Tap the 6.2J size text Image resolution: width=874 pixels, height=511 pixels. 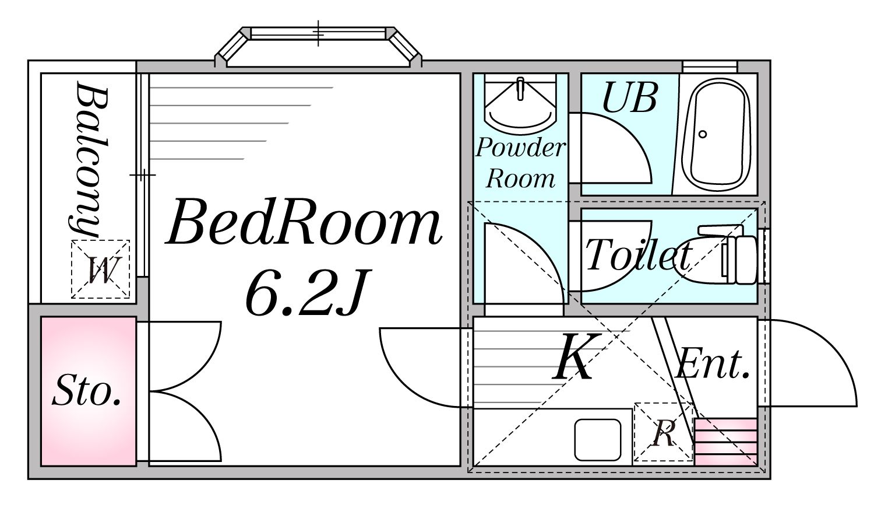(x=307, y=292)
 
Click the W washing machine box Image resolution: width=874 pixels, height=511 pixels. (x=100, y=269)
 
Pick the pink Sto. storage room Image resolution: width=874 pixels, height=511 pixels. (x=89, y=391)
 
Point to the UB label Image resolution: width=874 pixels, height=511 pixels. (x=629, y=97)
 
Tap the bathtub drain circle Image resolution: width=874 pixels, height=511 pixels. (x=703, y=134)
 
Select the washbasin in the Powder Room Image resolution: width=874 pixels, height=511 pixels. (x=520, y=106)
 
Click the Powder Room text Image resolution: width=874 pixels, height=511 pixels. (x=520, y=163)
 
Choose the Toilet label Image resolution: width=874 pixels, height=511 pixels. (x=639, y=254)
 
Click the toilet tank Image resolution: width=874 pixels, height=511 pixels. (x=745, y=260)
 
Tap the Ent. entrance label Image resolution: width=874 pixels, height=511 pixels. (x=713, y=365)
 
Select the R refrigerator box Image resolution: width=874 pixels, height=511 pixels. (x=663, y=432)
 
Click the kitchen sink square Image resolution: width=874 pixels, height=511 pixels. (x=598, y=440)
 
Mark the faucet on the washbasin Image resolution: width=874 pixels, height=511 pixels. (x=520, y=88)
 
